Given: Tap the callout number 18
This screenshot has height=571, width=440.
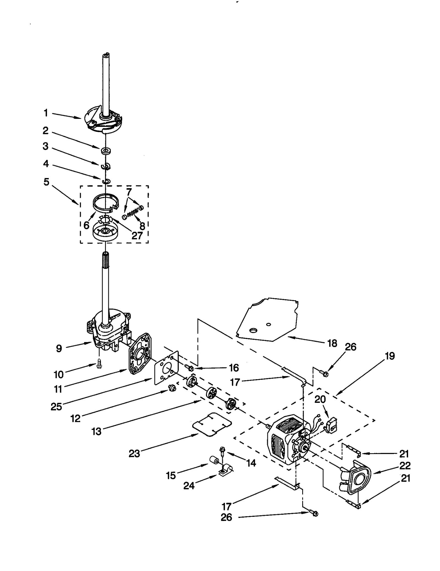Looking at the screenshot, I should [332, 343].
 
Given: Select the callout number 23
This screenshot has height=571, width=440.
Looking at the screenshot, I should [134, 453].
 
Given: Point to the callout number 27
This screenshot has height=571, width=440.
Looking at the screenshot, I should [137, 236].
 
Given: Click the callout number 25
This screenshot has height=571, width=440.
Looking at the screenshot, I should [56, 406].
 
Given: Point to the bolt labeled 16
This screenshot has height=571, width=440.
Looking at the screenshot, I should [189, 367].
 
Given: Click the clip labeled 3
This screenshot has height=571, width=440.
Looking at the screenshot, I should [106, 166].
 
